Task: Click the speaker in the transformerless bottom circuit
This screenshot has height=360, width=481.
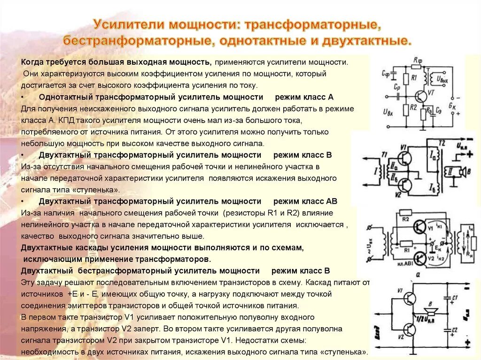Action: pos(428,311)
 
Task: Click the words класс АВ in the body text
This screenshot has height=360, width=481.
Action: pos(313,201)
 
